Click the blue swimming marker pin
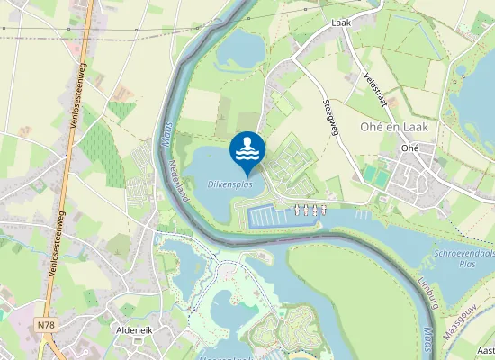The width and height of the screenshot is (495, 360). pos(247,152)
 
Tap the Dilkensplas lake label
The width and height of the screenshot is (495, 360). pos(229,184)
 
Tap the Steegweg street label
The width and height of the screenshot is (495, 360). pos(329,116)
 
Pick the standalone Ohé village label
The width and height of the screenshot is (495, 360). pos(410,148)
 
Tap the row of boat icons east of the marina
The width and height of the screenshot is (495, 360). pos(310,210)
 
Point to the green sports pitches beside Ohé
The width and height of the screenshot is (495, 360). pos(378,177)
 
